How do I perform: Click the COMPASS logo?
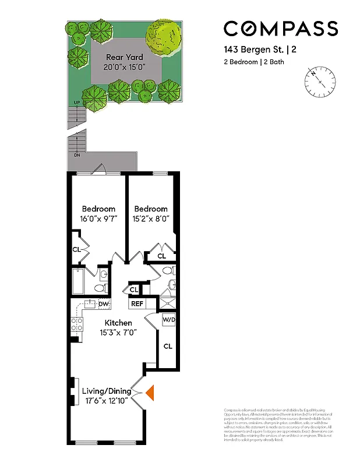[281, 29]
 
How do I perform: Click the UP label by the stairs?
[76, 104]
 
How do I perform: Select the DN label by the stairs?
[76, 156]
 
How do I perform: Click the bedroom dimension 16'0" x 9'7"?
[98, 219]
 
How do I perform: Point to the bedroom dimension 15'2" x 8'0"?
[151, 219]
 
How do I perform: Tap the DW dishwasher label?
[104, 303]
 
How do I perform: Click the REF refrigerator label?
[137, 303]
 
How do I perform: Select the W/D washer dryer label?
[168, 319]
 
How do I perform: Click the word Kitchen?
[118, 323]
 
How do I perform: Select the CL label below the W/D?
[168, 347]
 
